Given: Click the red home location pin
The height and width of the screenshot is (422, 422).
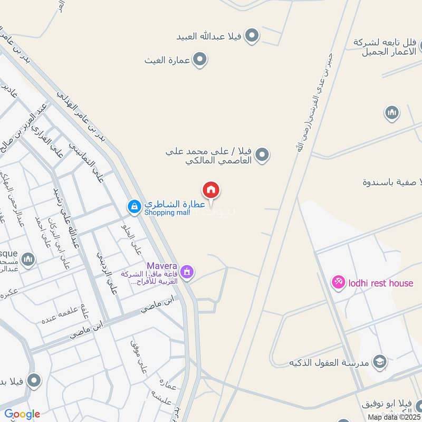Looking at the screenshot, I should tap(211, 190).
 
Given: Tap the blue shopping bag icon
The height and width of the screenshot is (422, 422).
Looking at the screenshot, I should tap(134, 207).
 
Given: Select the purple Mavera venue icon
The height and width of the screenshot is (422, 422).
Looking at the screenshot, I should tap(186, 272).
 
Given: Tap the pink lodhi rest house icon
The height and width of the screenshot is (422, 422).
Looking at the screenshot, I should tap(338, 283).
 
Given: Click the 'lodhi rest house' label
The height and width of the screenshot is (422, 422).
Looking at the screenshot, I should tap(380, 283).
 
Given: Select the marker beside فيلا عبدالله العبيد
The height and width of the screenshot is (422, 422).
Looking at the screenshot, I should tap(253, 36).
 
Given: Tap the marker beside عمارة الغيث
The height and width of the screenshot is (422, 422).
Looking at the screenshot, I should tap(199, 60).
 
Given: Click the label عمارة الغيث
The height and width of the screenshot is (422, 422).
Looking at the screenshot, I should tap(167, 60).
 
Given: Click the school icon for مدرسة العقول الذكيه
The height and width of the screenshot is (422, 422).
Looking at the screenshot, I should tap(379, 362).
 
